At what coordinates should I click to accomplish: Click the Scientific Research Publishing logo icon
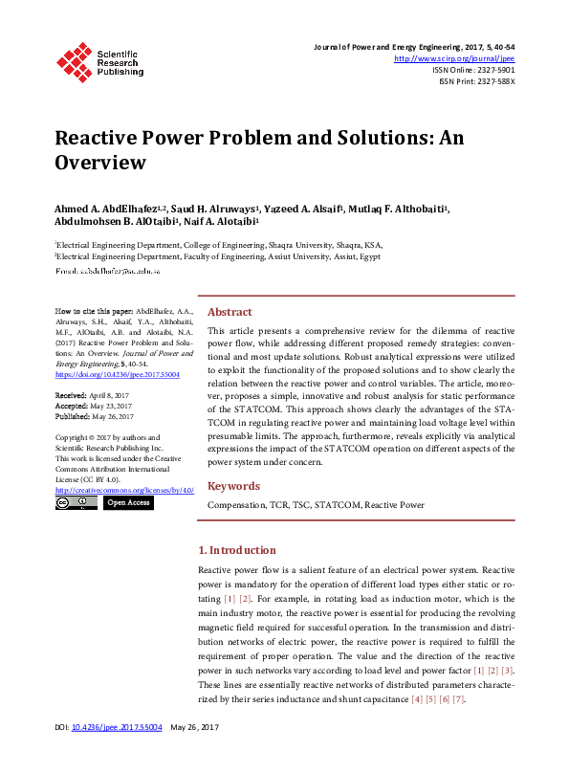[x=74, y=60]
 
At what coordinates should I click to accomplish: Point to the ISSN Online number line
[x=473, y=70]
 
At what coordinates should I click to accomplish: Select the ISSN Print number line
[x=476, y=82]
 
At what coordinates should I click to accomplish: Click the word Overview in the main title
[x=100, y=162]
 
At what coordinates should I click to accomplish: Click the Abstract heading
[x=230, y=312]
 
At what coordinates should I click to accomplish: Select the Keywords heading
[x=233, y=486]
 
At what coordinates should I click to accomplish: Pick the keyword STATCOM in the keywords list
[x=336, y=504]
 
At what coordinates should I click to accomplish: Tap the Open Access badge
[x=127, y=502]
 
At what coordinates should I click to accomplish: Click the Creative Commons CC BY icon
[x=77, y=502]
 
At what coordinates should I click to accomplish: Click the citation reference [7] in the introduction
[x=458, y=700]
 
